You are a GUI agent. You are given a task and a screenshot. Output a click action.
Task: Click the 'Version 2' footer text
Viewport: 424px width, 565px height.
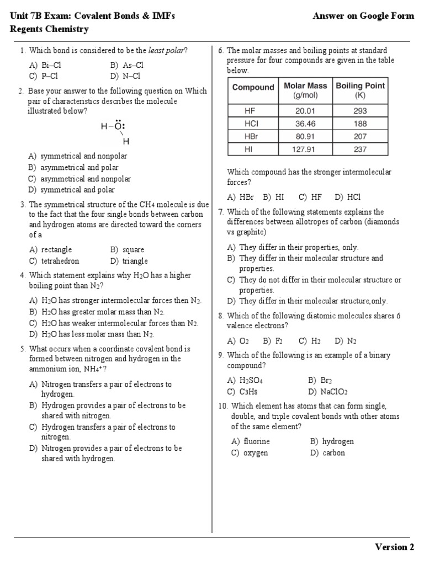pos(394,547)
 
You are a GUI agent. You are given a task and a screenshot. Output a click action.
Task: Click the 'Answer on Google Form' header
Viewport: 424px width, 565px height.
pos(363,16)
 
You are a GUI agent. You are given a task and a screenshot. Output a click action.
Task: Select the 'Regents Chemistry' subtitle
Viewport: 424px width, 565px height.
pos(49,29)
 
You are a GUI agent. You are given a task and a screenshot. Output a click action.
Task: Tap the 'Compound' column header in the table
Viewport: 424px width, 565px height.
pos(253,87)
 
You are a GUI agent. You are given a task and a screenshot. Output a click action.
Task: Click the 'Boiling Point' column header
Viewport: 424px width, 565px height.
pos(360,90)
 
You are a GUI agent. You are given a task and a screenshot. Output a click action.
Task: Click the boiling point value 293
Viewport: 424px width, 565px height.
pos(360,110)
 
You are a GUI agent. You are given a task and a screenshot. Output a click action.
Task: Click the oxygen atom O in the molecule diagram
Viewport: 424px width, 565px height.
pos(118,126)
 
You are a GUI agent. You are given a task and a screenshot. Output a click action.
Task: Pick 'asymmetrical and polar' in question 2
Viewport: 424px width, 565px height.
pos(79,168)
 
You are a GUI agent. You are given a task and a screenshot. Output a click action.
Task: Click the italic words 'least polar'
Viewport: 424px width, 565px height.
pos(166,51)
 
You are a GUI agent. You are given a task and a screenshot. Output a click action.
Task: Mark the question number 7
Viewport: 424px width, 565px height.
pos(221,212)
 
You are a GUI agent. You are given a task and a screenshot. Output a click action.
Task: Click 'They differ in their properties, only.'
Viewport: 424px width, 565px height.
pos(298,247)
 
